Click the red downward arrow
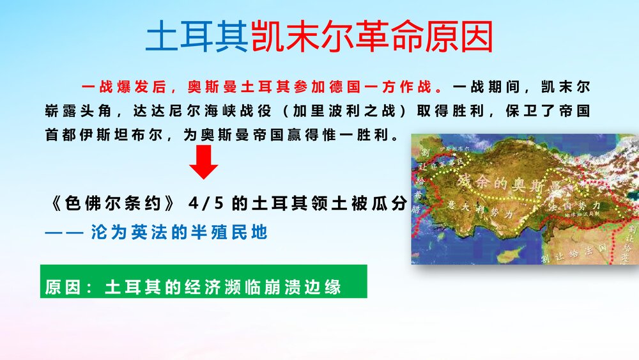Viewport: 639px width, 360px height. (x=203, y=162)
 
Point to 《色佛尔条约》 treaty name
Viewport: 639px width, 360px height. (x=112, y=204)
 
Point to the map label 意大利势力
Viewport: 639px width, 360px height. (x=489, y=213)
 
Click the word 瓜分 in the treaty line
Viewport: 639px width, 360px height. (x=390, y=204)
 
